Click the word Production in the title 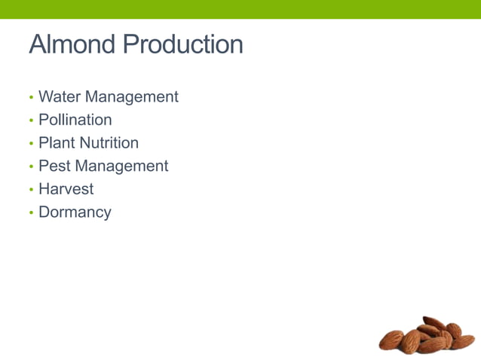pos(182,44)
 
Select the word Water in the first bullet pos(60,97)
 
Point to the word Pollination pos(75,120)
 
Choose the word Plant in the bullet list pos(57,143)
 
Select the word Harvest pos(66,189)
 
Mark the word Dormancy pos(75,212)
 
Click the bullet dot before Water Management pos(31,98)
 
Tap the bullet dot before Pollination pos(31,121)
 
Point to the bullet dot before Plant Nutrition pos(31,144)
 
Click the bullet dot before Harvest pos(31,190)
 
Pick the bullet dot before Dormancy pos(31,213)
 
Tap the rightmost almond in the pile pos(463,341)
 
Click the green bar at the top pos(240,9)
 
